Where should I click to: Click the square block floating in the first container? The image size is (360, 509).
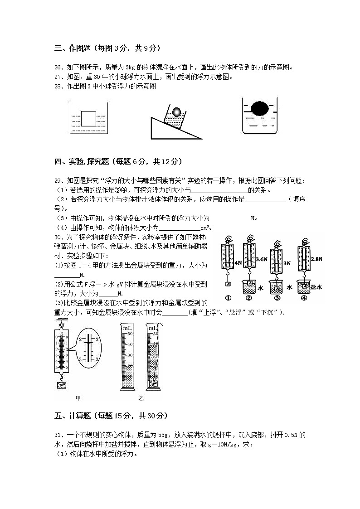tap(89, 119)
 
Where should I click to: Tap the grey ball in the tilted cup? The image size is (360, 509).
tap(176, 111)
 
